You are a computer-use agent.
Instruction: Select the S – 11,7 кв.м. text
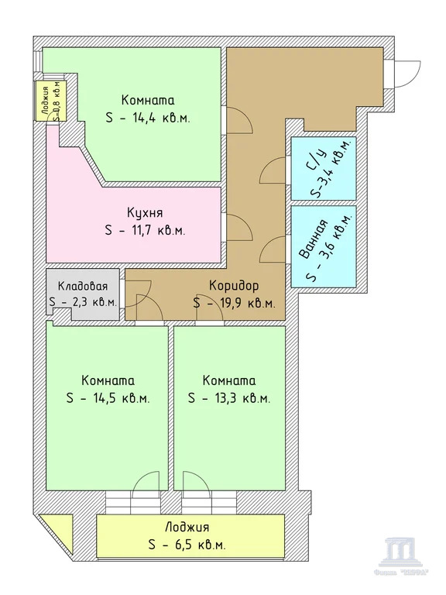pos(145,230)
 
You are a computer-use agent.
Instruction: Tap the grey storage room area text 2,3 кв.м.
pos(82,303)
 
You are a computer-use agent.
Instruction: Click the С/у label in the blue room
pos(313,160)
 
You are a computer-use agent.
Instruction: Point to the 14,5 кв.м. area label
pos(108,398)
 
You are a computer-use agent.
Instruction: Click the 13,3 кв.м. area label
pos(228,398)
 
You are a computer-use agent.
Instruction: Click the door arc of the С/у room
pos(273,168)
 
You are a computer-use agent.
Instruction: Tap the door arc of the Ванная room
pos(273,249)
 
